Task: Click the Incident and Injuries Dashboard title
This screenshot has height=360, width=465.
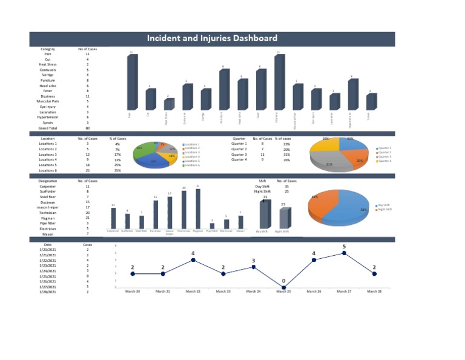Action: [x=213, y=39]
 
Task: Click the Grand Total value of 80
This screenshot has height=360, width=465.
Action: [x=87, y=128]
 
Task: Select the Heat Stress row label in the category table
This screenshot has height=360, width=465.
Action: [x=48, y=64]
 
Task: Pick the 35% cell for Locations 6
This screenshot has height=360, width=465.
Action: [x=117, y=170]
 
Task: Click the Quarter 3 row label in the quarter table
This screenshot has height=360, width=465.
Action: [x=239, y=155]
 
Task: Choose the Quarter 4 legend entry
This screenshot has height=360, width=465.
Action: [x=384, y=161]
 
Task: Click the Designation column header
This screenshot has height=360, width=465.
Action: [x=48, y=181]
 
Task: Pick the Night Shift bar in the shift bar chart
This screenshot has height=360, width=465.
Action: [x=283, y=218]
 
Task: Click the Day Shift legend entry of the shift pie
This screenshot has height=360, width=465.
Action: [x=384, y=205]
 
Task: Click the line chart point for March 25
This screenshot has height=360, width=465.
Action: [x=283, y=288]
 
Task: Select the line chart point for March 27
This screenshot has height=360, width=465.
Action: [x=344, y=253]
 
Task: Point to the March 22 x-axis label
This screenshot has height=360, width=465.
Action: [x=193, y=292]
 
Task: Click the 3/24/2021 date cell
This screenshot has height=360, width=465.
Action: [x=48, y=271]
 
